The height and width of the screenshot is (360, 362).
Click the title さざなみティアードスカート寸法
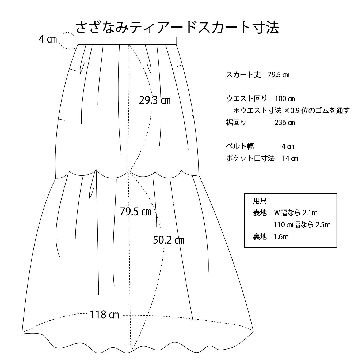pos(177,27)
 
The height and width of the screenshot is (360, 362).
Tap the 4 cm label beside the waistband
pos(48,39)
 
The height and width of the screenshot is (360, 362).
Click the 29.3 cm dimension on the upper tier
pos(155,100)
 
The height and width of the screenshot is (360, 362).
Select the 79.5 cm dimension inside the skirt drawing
pos(135,212)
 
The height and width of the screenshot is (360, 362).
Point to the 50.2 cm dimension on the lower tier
pos(169,240)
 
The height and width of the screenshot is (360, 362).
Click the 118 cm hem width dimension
pos(104,315)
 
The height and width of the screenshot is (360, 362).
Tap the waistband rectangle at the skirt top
pos(127,41)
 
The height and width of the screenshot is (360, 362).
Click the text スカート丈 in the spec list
pos(243,75)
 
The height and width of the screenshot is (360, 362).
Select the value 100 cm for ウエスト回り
pos(285,99)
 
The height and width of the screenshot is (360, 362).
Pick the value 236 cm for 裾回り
pos(285,122)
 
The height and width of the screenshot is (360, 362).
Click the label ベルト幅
pos(240,146)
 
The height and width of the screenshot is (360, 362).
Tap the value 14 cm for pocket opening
pos(290,158)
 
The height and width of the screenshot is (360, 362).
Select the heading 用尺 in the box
pos(260,201)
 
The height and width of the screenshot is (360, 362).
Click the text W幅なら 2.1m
pos(296,213)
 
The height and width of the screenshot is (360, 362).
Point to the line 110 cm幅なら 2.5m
pos(302,225)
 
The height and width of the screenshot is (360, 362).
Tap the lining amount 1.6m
pos(281,236)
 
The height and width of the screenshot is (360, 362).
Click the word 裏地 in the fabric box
pos(260,236)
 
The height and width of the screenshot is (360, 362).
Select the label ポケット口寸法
pos(250,158)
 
